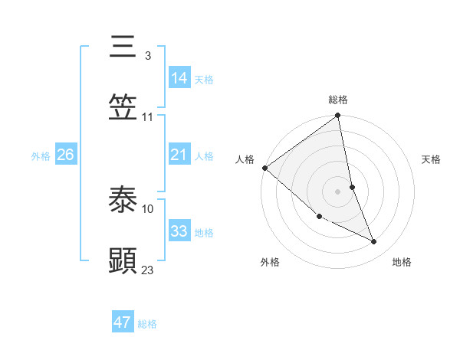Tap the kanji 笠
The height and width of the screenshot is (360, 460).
[x=123, y=106]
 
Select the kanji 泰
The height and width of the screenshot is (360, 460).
[x=123, y=201]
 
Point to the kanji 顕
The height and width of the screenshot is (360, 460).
[x=123, y=261]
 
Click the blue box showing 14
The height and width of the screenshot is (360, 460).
[x=179, y=77]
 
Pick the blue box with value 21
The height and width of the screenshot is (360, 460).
[x=179, y=155]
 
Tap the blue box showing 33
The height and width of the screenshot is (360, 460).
[x=179, y=231]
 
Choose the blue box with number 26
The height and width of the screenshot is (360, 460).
[x=66, y=155]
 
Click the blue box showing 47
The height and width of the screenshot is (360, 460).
[x=123, y=322]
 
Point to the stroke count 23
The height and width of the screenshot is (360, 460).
[x=148, y=270]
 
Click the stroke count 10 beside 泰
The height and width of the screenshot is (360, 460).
[x=148, y=208]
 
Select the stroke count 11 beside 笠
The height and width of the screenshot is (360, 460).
[x=148, y=116]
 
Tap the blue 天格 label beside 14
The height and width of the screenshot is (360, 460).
[x=204, y=80]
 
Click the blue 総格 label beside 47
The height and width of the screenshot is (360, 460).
[x=147, y=325]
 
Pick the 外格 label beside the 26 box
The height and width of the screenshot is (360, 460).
[x=41, y=156]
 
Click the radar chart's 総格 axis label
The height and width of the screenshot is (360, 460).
[x=338, y=100]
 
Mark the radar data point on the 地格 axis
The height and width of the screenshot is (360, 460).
[x=374, y=242]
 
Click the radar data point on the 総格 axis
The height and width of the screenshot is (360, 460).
[x=338, y=116]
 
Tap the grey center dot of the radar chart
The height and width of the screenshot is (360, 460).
[x=338, y=191]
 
